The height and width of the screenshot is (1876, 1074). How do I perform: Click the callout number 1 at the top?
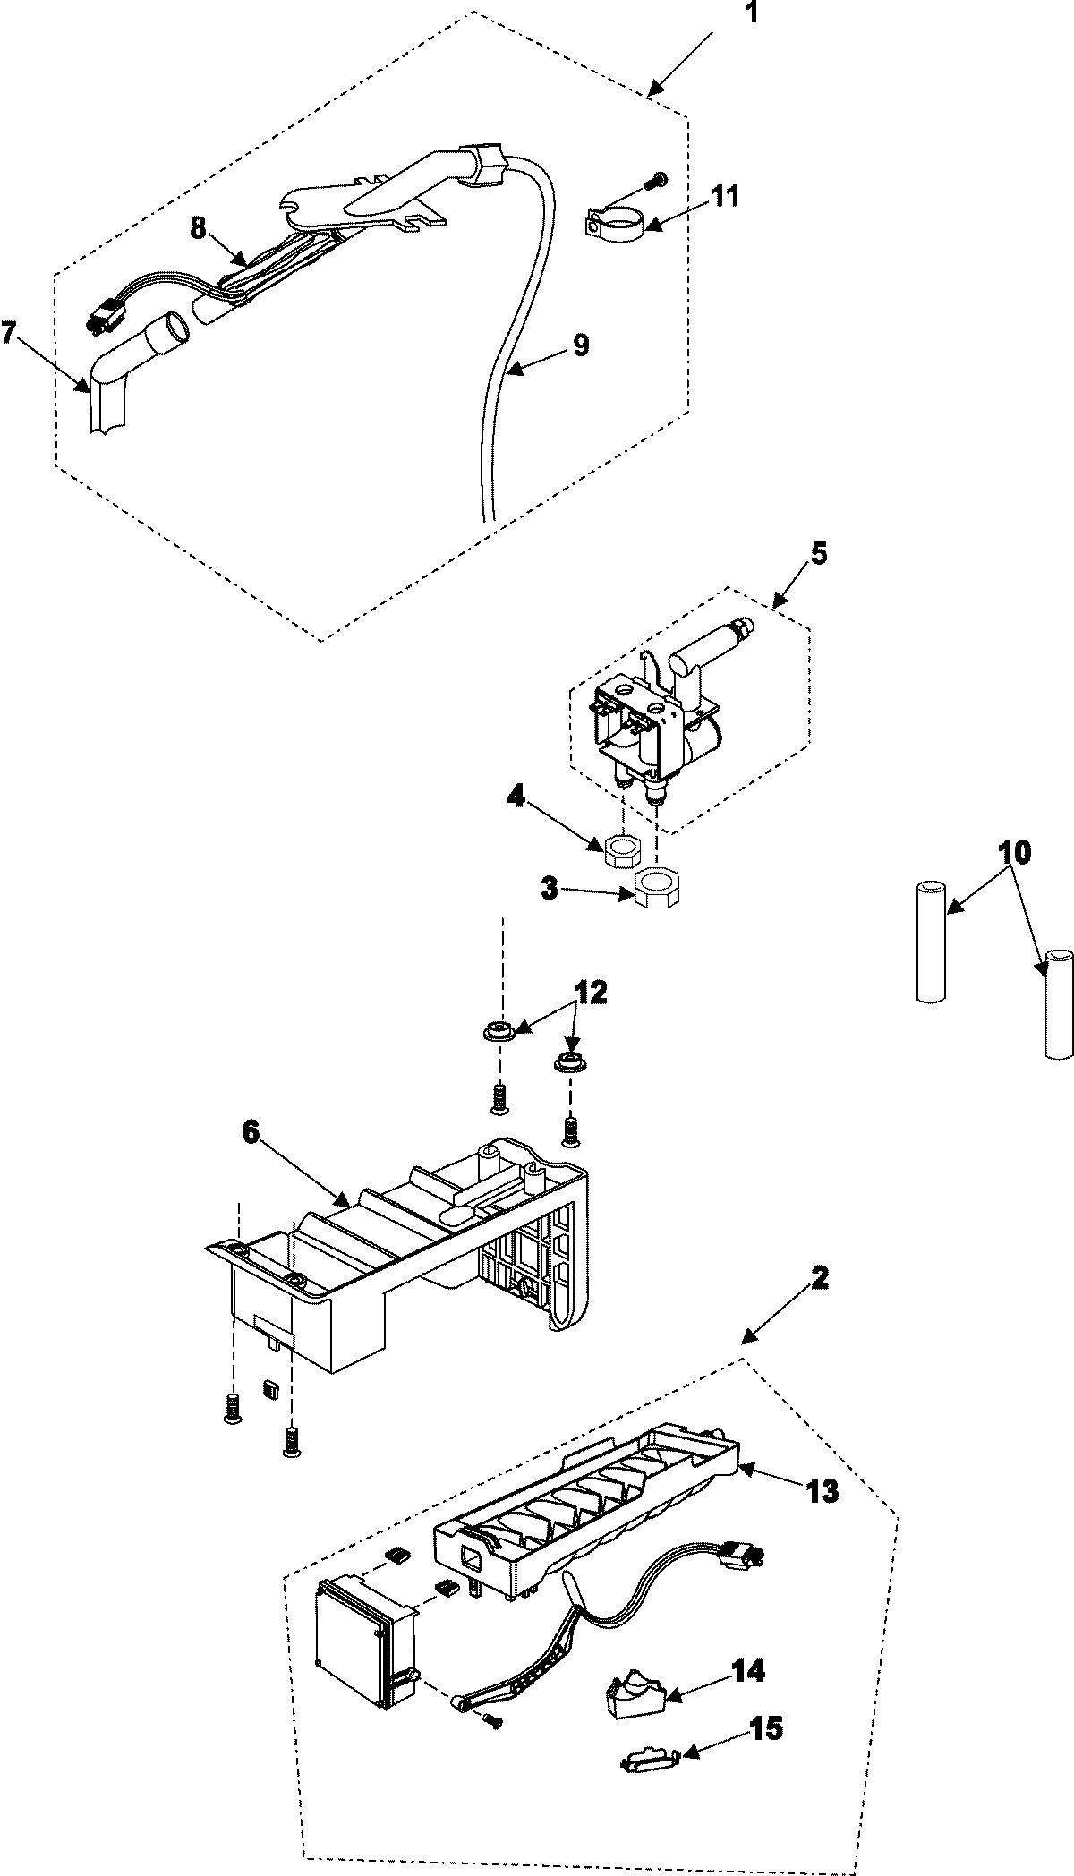point(750,15)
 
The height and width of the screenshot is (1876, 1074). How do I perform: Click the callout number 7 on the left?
point(8,333)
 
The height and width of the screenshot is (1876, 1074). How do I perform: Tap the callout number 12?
point(591,992)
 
